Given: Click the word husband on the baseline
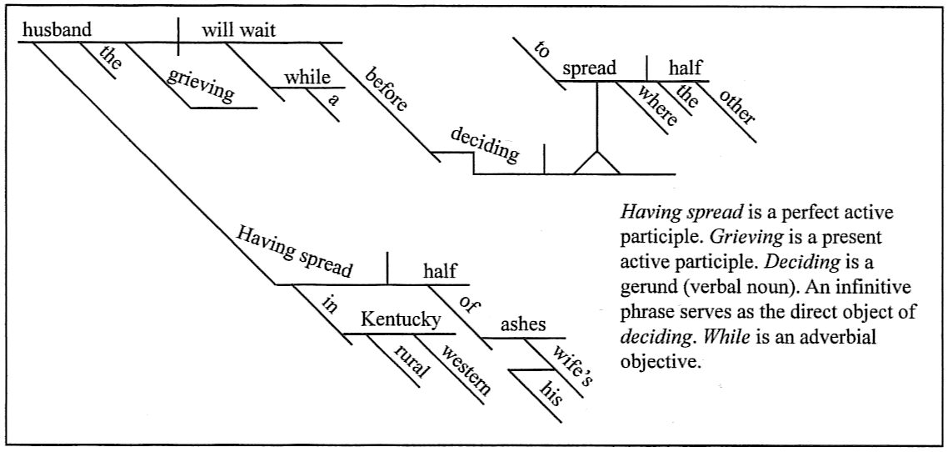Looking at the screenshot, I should pos(57,30).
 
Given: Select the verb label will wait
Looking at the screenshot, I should pos(238,30).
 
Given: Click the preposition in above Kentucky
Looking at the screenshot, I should pos(328,305).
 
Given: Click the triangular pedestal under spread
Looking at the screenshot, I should pos(598,163).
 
